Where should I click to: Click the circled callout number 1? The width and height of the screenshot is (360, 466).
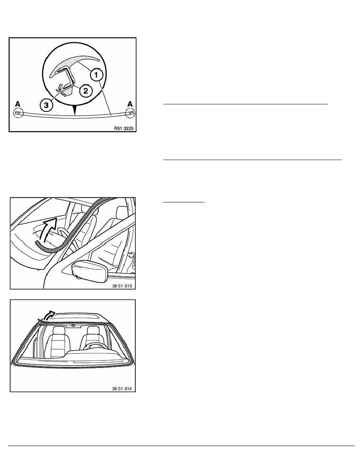[x=96, y=75]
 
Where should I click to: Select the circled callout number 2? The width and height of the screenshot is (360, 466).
[x=85, y=91]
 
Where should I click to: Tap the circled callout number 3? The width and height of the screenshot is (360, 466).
[x=46, y=105]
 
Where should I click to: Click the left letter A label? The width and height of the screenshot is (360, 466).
[x=18, y=104]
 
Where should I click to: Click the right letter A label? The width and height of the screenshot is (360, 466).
[x=130, y=104]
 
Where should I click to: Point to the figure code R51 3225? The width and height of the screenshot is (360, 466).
[x=124, y=128]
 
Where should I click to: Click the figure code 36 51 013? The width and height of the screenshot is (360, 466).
[x=122, y=286]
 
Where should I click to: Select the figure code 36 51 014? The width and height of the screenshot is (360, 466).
[x=122, y=388]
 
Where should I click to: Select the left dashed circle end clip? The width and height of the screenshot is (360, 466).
[x=18, y=113]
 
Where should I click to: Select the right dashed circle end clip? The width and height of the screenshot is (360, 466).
[x=130, y=113]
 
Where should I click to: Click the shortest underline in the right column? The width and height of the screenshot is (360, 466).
[x=184, y=202]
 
